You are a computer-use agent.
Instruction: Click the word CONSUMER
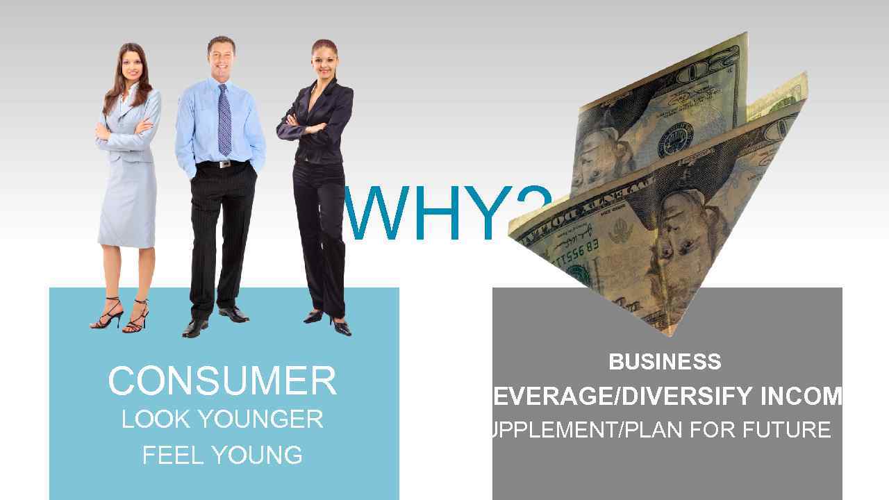222,381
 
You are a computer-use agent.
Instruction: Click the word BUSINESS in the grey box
665,362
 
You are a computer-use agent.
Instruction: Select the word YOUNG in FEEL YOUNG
257,456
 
